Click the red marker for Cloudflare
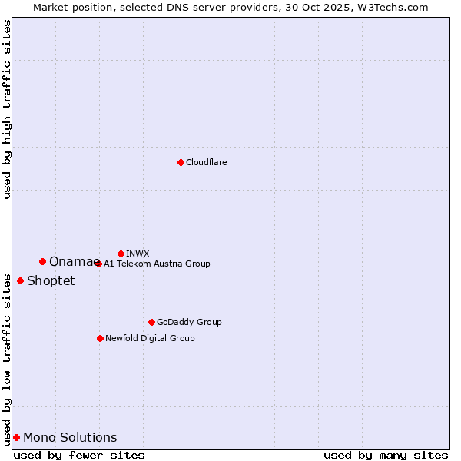[181, 162]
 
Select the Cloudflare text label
[206, 162]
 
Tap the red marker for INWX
[121, 254]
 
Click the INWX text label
[138, 254]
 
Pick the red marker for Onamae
[42, 261]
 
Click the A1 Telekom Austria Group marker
[98, 264]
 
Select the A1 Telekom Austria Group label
[157, 264]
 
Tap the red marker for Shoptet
[20, 280]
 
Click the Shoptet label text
[51, 281]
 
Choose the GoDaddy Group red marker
[151, 322]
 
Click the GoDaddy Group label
[189, 322]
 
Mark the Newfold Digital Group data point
[100, 338]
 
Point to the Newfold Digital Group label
[150, 338]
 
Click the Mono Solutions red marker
[16, 437]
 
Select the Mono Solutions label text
[70, 438]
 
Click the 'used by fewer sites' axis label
[79, 456]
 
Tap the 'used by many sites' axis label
[386, 456]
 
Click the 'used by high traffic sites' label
[7, 109]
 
